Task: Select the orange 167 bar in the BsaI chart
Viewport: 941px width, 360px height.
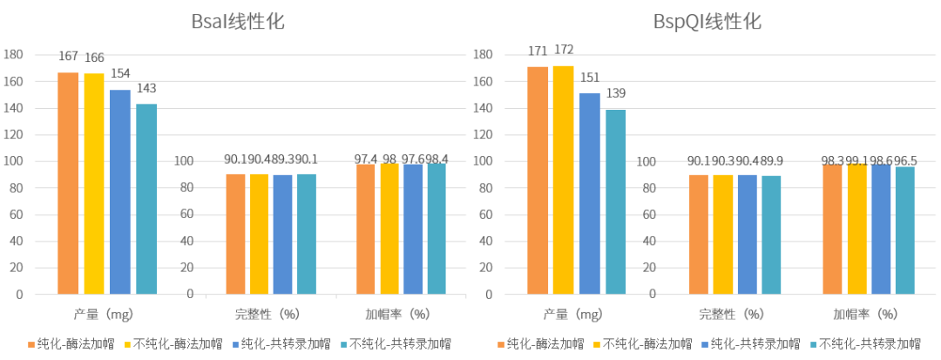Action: coord(68,183)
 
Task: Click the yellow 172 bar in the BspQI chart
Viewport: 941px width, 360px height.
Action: coord(563,180)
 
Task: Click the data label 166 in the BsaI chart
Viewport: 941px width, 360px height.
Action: coord(94,58)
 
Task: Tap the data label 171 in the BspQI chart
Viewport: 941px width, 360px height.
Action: coord(538,51)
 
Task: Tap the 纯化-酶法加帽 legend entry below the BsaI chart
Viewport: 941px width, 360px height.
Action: coord(68,343)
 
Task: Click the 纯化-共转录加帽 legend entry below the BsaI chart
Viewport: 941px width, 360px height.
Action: coord(280,343)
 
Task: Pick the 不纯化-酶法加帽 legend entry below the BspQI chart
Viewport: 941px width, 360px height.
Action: coord(646,343)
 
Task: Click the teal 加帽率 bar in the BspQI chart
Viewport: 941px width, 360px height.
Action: coord(905,230)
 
